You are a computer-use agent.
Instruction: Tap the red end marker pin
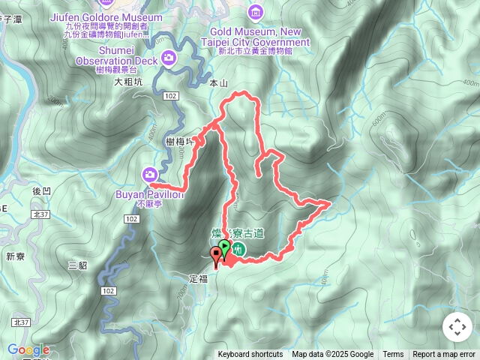(x=216, y=253)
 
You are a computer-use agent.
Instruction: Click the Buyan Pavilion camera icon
(x=149, y=175)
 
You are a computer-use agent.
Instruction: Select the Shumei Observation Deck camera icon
(x=170, y=57)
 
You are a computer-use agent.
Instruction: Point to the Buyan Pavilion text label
(x=149, y=194)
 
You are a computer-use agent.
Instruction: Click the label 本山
(x=218, y=84)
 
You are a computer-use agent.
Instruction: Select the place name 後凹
(x=42, y=190)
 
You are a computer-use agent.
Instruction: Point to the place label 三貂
(x=77, y=265)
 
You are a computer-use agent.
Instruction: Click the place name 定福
(x=198, y=277)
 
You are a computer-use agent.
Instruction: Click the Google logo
(x=28, y=349)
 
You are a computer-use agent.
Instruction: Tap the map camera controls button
(x=457, y=327)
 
